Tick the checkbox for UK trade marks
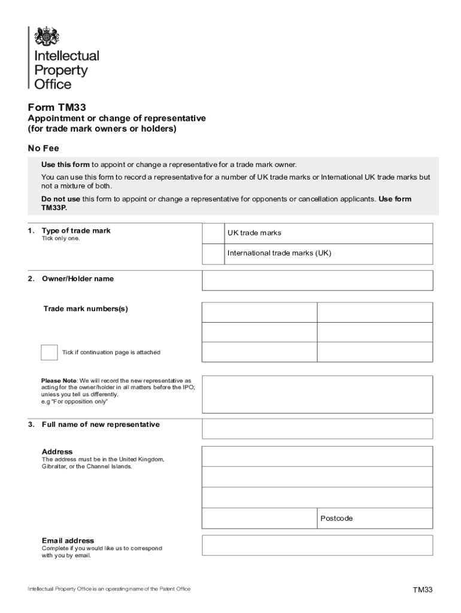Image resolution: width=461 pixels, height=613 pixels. (x=213, y=233)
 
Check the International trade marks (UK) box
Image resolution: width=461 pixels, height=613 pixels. (x=213, y=254)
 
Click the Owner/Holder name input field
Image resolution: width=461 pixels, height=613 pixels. (x=317, y=280)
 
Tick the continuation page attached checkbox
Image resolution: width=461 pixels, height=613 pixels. (x=49, y=353)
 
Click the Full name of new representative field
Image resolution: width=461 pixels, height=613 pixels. (x=317, y=429)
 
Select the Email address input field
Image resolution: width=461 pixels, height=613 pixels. (x=317, y=545)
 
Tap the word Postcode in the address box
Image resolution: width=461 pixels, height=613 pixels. (x=336, y=518)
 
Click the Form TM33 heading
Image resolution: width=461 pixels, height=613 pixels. (x=57, y=108)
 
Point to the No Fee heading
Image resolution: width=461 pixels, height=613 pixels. (x=43, y=148)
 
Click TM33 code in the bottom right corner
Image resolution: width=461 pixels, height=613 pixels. (x=422, y=590)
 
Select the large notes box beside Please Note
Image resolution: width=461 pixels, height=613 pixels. (x=317, y=394)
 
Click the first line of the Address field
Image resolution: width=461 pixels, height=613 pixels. (x=317, y=456)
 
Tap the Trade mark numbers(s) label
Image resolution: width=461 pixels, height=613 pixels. (x=86, y=309)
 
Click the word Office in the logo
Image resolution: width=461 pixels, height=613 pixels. (x=53, y=84)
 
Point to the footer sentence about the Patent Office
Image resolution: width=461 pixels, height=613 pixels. (x=109, y=589)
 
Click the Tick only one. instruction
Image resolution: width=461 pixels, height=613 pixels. (x=60, y=239)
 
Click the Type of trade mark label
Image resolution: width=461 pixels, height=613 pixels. (x=76, y=230)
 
